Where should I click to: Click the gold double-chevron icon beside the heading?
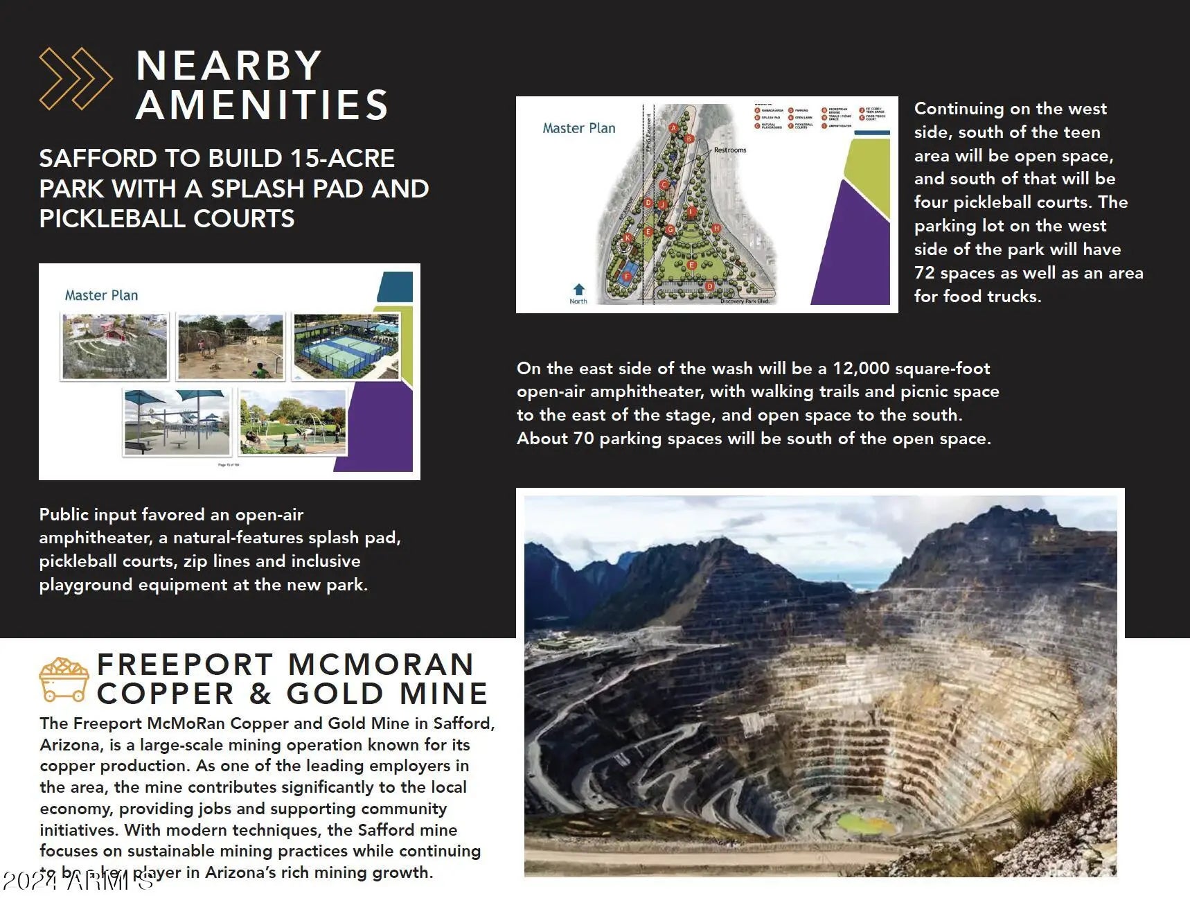[75, 78]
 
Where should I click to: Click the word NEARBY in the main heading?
[229, 66]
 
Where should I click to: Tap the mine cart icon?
[64, 679]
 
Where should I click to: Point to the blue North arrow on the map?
[579, 290]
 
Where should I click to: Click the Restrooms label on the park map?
[730, 150]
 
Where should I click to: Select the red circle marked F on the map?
[628, 276]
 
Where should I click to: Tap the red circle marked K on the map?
[628, 238]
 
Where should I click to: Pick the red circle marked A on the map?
[673, 128]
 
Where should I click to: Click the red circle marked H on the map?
[716, 228]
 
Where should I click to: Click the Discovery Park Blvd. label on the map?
[745, 301]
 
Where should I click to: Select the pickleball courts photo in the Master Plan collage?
[346, 346]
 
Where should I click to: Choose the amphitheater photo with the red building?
[115, 346]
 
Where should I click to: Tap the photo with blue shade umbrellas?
[177, 422]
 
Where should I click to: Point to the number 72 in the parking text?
[924, 272]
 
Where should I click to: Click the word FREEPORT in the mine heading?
[185, 665]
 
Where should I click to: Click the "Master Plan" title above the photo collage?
[101, 295]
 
